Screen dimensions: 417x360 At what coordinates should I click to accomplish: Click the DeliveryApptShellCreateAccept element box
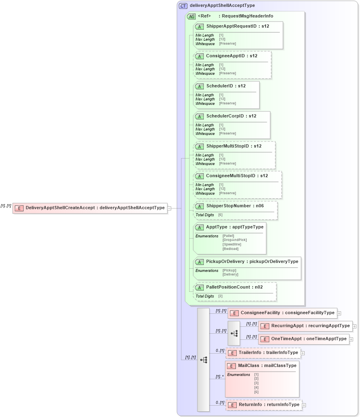click(90, 208)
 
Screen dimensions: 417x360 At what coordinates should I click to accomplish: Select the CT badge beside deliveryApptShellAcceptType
click(183, 6)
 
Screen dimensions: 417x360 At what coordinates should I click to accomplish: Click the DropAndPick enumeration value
click(235, 240)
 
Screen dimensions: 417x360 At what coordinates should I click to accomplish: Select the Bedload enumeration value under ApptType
click(231, 249)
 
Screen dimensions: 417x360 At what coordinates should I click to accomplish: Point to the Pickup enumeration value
click(229, 270)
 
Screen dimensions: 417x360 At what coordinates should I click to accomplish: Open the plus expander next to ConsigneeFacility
click(339, 313)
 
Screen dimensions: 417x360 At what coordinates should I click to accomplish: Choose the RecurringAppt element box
click(305, 326)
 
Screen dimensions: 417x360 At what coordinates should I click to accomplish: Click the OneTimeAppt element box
click(303, 339)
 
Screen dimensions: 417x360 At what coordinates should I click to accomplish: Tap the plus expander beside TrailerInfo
click(303, 353)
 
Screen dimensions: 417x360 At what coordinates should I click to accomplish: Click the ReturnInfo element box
click(264, 405)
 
